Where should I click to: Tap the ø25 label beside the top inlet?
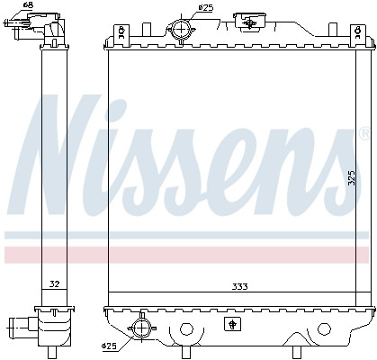206,8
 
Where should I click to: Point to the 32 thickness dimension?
54,284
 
